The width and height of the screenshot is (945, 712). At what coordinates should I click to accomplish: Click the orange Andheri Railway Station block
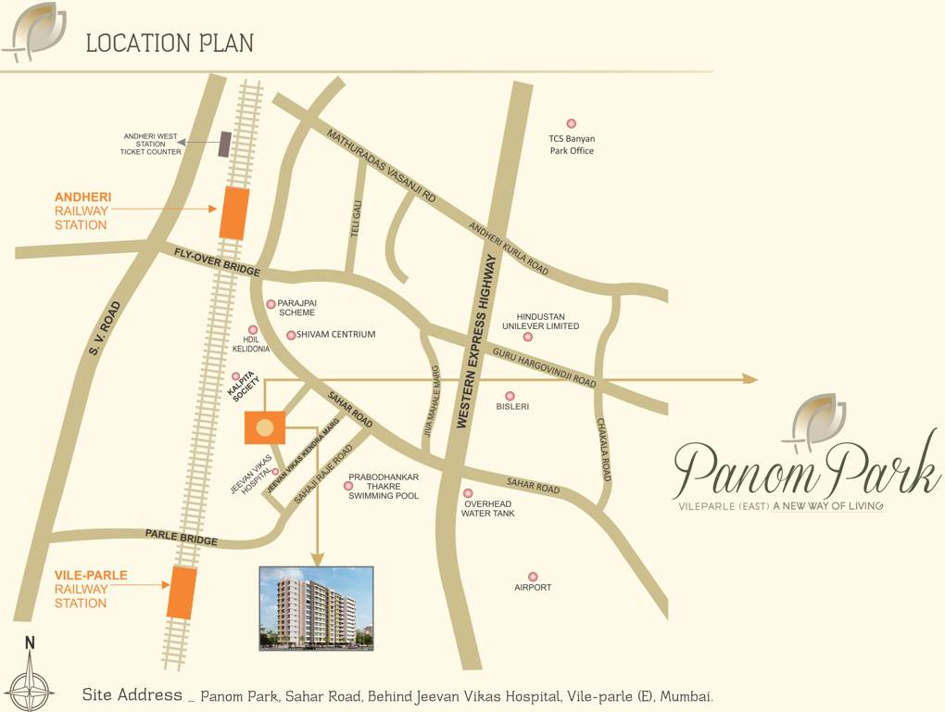coord(233,212)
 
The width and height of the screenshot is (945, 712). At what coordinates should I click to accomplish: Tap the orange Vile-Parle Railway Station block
coord(182,592)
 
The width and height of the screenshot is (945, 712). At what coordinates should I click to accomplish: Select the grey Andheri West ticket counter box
coord(224,144)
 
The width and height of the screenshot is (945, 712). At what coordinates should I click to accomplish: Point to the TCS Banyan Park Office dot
coord(571,123)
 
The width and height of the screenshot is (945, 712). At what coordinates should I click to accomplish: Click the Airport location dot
coord(533,577)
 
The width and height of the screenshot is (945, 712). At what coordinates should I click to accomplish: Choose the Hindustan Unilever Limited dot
coord(528,337)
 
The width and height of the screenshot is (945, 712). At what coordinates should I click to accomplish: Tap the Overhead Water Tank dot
coord(468,493)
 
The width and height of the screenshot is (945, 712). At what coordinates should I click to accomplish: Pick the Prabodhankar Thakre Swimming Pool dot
coord(348,485)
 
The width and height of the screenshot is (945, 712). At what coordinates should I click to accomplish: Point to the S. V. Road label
coord(104,327)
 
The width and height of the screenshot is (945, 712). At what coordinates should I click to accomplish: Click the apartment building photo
coord(316,607)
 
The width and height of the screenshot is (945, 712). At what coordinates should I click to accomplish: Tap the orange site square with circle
coord(264,428)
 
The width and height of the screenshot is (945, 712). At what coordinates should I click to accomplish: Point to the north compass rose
coord(30,684)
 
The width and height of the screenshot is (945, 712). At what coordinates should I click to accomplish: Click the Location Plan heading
coord(170,43)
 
